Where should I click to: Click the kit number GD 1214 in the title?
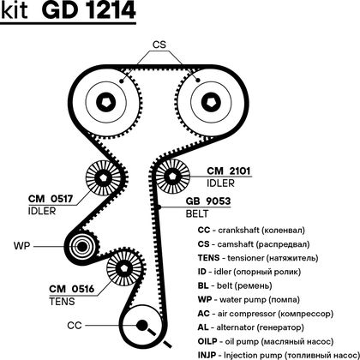tap(88, 10)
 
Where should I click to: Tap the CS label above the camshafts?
tap(159, 45)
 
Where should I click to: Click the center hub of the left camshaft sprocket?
tap(106, 102)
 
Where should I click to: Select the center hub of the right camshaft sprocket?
tap(211, 102)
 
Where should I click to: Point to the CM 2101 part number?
tap(229, 171)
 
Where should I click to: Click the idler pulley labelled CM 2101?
tap(172, 177)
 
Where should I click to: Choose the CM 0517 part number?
tap(51, 199)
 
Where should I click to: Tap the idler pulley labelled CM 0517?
tap(103, 178)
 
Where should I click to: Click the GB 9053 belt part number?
tap(208, 201)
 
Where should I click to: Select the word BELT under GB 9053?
tap(197, 213)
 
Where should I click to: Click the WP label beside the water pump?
tap(21, 246)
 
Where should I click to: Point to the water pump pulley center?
tap(82, 247)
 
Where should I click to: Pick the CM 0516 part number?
tap(72, 289)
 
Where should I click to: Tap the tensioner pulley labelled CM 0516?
tap(124, 268)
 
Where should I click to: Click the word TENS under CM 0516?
tap(62, 302)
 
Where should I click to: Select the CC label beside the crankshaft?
tap(75, 326)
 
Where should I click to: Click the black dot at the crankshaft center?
tap(141, 325)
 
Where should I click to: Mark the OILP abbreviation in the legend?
tap(207, 341)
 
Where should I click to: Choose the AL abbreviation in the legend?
tap(203, 327)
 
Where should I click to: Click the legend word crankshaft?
tap(238, 231)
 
